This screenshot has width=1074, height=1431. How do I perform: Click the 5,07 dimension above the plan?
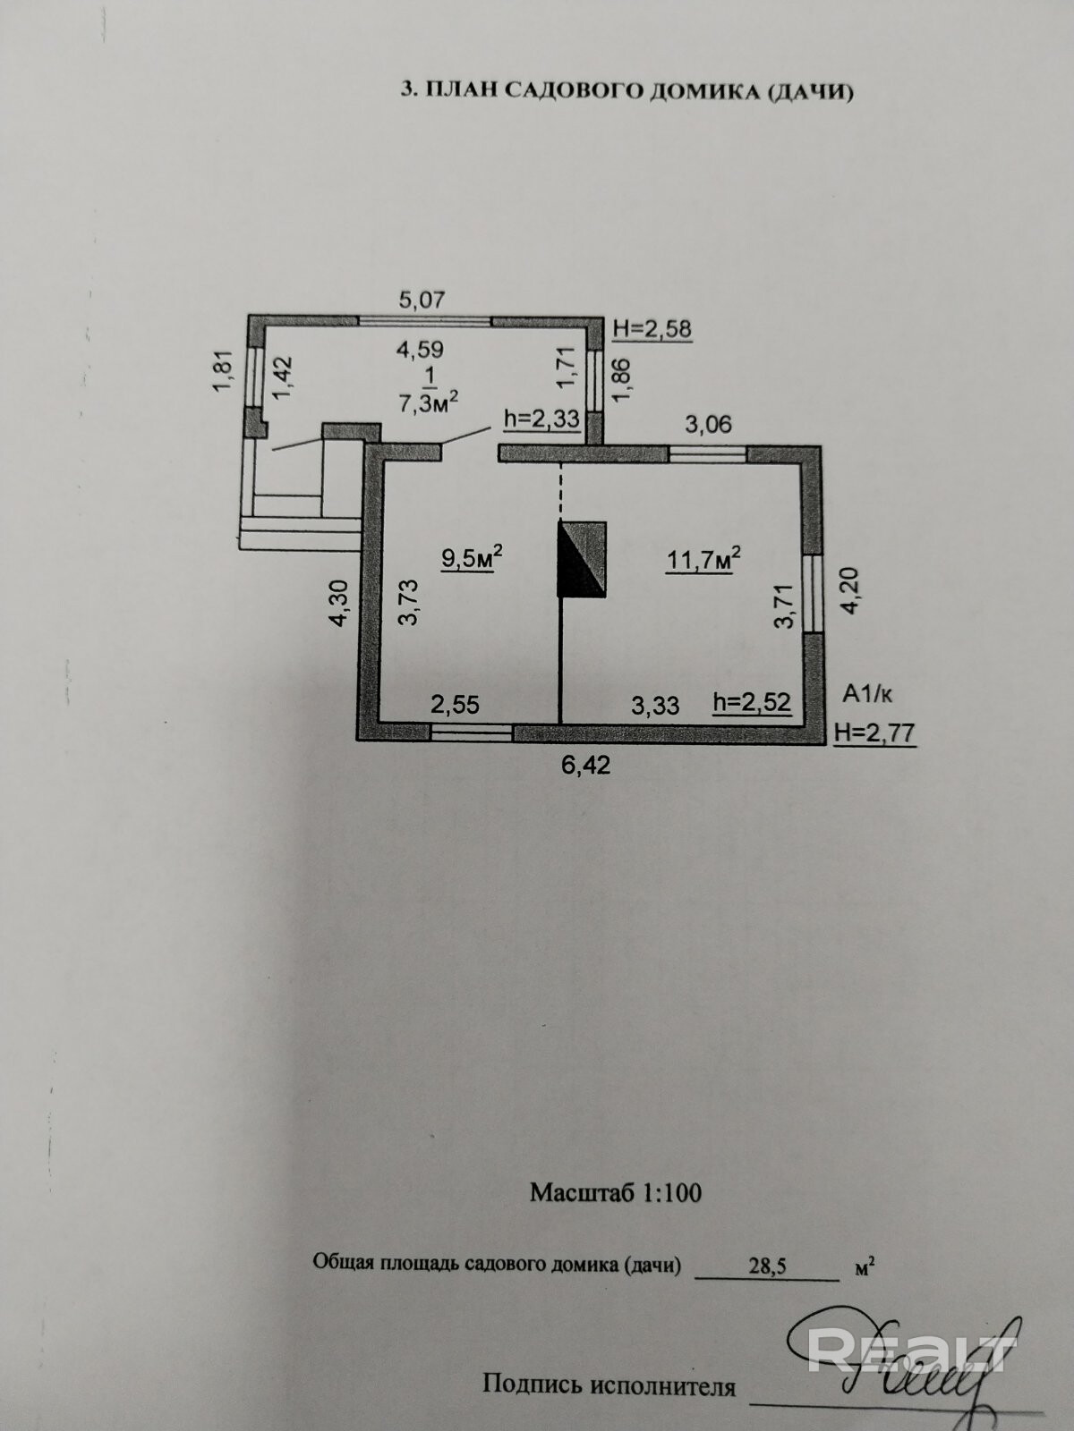[422, 300]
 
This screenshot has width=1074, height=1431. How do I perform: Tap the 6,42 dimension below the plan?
[586, 766]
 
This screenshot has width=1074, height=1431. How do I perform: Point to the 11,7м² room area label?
[703, 559]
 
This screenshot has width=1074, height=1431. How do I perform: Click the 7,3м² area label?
[430, 402]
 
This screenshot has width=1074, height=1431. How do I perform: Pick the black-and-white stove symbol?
[583, 558]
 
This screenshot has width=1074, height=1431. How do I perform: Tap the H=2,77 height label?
[875, 733]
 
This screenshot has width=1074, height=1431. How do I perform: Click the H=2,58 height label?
[652, 328]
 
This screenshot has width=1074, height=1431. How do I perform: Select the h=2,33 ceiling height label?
[541, 418]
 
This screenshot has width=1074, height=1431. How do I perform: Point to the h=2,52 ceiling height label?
[752, 702]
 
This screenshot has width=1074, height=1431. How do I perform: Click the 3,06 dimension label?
[708, 424]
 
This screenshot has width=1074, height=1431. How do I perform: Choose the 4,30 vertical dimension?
[339, 602]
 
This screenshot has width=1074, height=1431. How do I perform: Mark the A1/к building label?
[868, 693]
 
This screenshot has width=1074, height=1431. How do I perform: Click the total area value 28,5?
[768, 1267]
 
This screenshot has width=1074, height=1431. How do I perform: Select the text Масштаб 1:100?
[616, 1192]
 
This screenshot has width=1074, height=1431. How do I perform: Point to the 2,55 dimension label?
[455, 705]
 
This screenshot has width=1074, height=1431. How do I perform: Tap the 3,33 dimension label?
[655, 706]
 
